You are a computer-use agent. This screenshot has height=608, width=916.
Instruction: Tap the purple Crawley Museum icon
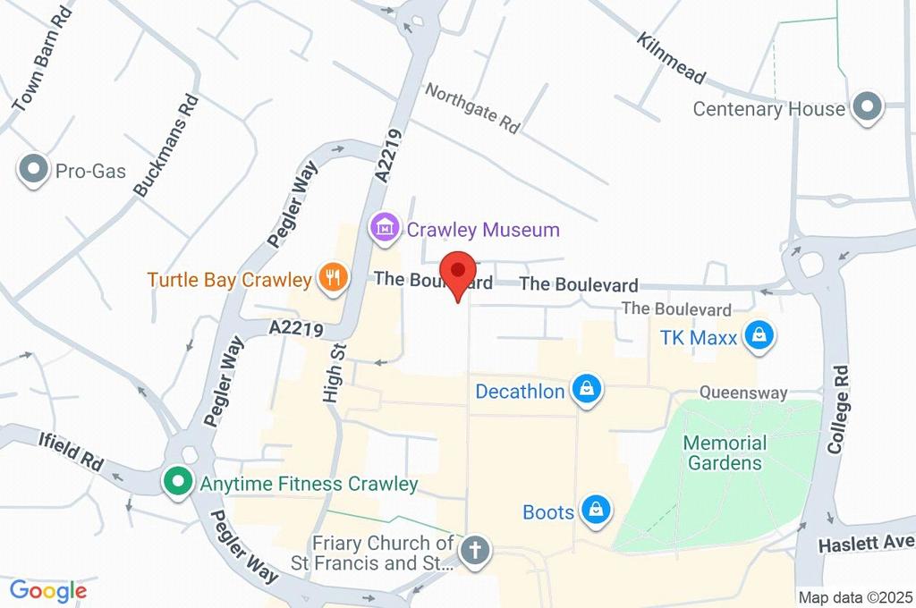tap(385, 227)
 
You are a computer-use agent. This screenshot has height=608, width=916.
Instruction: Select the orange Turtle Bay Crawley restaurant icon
tap(331, 278)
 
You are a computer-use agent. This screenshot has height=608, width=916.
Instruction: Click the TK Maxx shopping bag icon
tap(759, 335)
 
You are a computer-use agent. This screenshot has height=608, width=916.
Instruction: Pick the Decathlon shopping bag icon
tap(587, 390)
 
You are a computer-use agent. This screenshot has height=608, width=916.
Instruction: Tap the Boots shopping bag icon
tap(595, 511)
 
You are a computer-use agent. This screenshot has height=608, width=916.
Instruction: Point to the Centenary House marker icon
tap(866, 107)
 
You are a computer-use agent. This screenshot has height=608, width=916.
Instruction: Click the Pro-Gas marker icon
tap(34, 170)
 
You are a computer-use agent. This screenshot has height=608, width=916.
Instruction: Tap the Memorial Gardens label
tap(725, 452)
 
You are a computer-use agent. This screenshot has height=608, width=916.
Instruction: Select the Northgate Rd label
tap(472, 107)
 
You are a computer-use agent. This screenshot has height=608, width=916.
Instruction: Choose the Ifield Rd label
tap(71, 452)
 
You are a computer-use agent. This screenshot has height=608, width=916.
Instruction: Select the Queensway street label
tap(742, 393)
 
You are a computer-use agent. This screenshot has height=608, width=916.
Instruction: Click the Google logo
tap(48, 590)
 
